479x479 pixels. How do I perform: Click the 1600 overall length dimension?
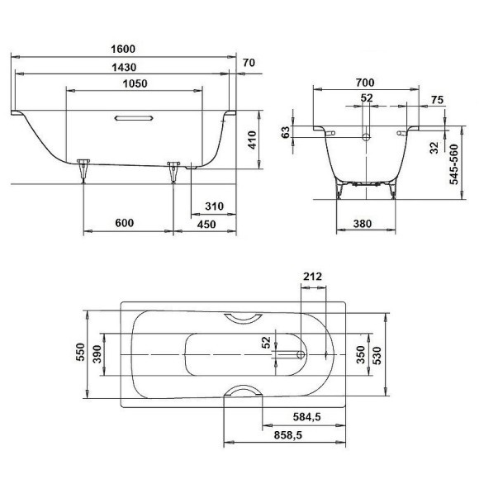tap(121, 50)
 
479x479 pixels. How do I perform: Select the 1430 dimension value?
tap(121, 68)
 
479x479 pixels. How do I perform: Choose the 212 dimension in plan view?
tap(312, 276)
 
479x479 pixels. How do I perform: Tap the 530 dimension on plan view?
tap(377, 353)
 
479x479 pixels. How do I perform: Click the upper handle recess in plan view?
tap(243, 319)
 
